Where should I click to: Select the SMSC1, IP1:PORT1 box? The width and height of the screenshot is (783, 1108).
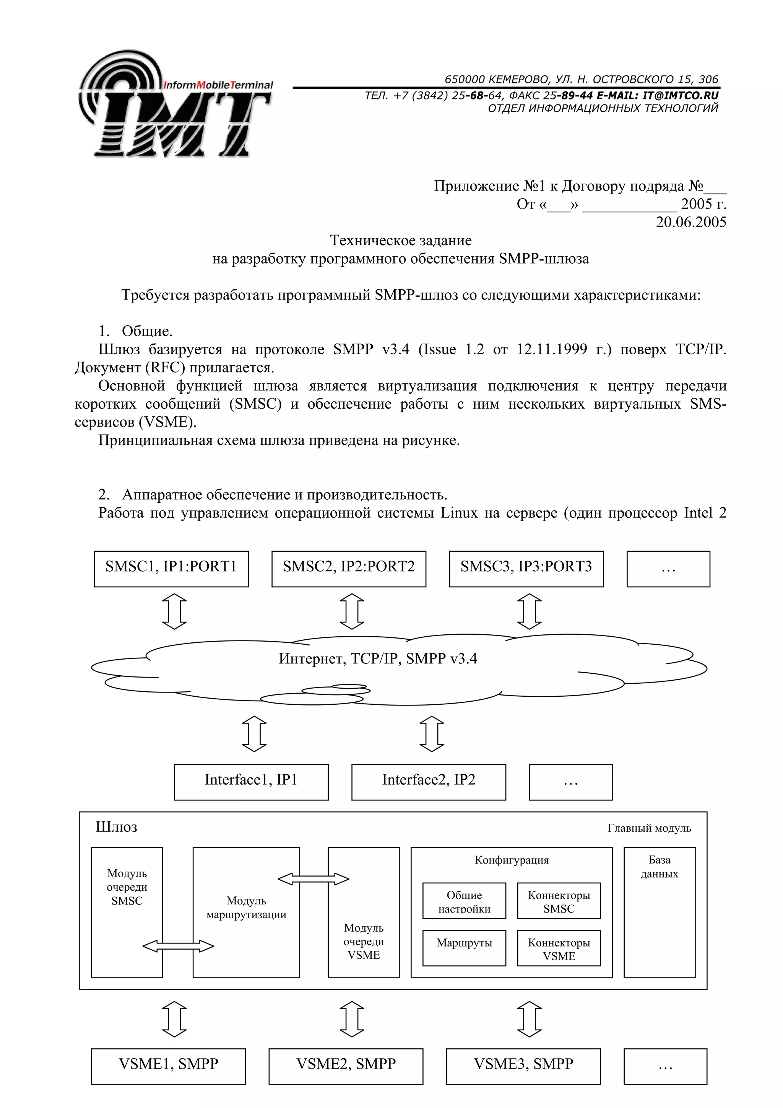click(x=171, y=569)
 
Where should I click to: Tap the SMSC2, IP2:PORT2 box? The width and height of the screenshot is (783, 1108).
click(x=349, y=569)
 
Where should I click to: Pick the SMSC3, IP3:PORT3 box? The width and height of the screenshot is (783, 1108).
click(x=526, y=569)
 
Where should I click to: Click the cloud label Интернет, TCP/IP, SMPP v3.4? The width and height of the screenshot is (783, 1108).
click(x=377, y=659)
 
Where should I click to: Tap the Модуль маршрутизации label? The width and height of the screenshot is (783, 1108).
click(x=246, y=907)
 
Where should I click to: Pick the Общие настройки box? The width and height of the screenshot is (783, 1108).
click(x=464, y=901)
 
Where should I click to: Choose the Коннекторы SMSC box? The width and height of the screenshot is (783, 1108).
click(x=559, y=901)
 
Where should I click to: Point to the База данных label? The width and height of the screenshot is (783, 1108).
click(x=659, y=866)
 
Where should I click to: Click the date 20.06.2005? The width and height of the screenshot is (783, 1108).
click(x=690, y=222)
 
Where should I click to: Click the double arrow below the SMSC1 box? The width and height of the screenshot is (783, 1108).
click(x=174, y=611)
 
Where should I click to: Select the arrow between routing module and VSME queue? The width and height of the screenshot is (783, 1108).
click(x=314, y=879)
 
